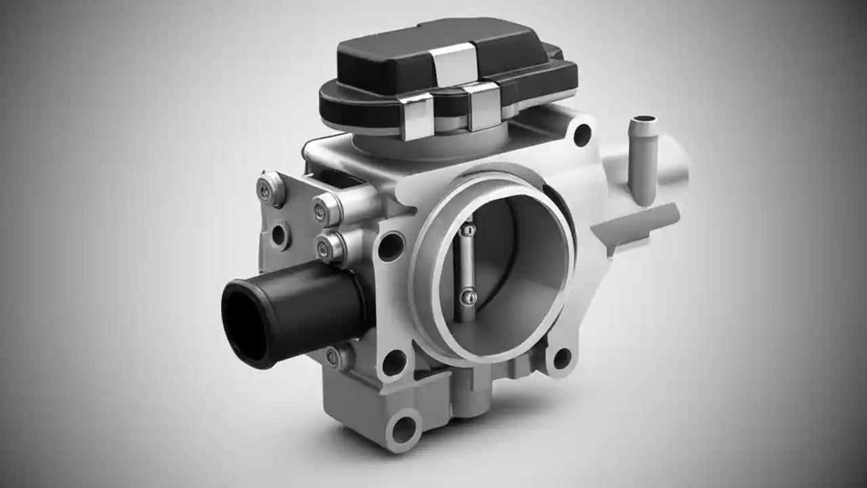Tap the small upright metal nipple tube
click(x=642, y=160)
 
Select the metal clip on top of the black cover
click(x=455, y=64)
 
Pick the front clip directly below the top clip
click(x=482, y=107)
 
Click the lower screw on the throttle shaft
click(x=465, y=296)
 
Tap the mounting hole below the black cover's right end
click(x=582, y=135)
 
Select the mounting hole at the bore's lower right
click(x=562, y=358)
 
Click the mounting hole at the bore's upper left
click(x=391, y=246)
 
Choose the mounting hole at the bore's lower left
click(x=394, y=362)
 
